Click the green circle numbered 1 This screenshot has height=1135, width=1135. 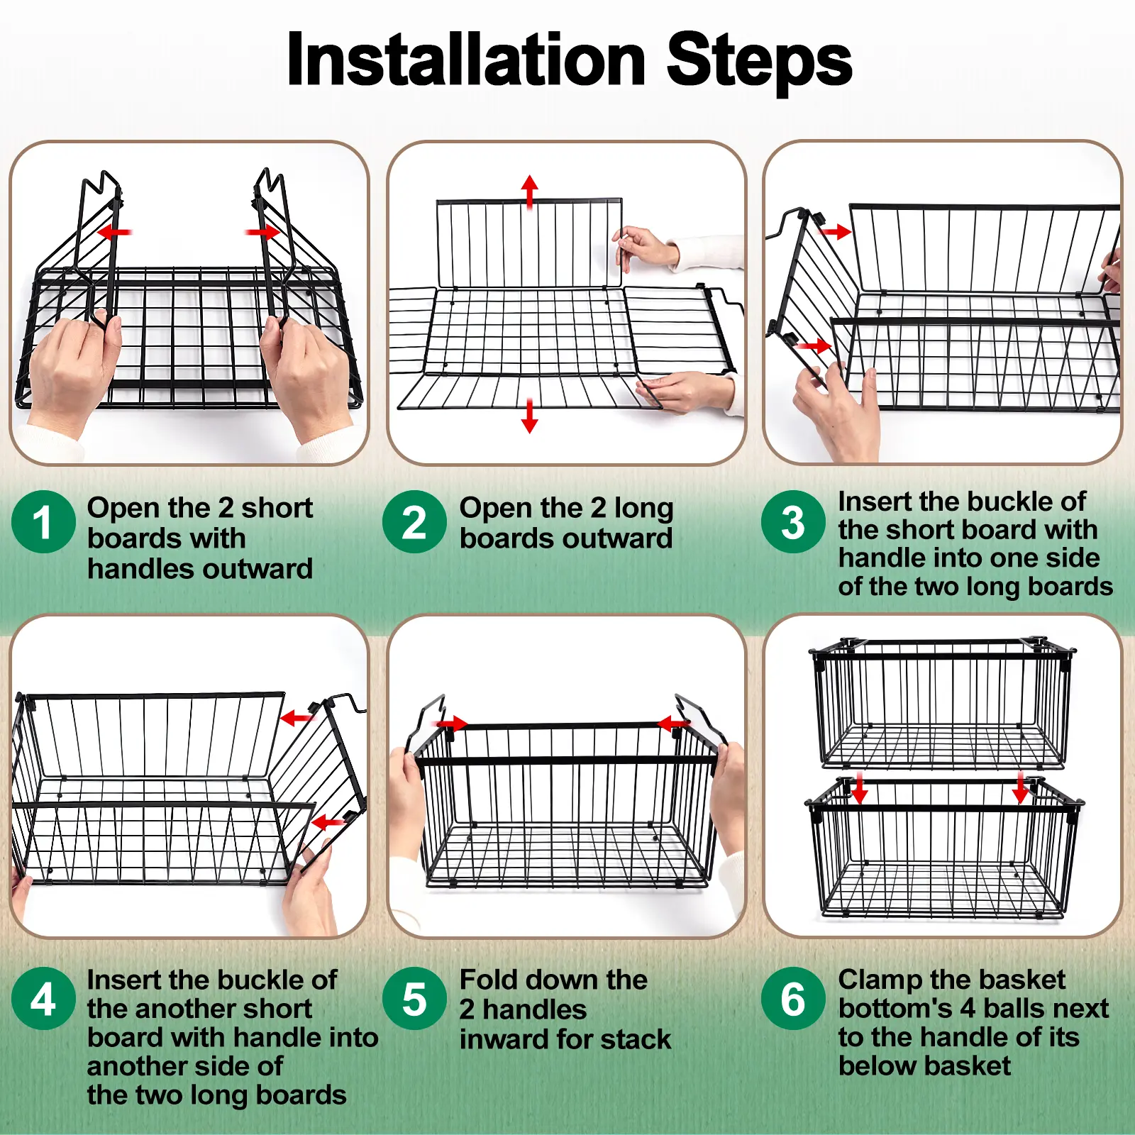(43, 522)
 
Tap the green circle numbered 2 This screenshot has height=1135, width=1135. (414, 522)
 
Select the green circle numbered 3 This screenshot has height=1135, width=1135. (793, 522)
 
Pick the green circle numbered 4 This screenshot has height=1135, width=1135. (43, 1000)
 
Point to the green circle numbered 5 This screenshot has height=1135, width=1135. (414, 1000)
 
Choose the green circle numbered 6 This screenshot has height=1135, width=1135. (793, 1000)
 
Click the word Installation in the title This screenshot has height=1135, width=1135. (466, 60)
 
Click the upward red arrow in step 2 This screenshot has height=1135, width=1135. (529, 192)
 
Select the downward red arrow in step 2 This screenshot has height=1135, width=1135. (529, 416)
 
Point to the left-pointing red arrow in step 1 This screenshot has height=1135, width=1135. (114, 232)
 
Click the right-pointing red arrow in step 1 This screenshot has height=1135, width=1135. (263, 232)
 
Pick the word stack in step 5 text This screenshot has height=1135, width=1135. (635, 1039)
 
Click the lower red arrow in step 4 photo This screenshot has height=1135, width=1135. (328, 823)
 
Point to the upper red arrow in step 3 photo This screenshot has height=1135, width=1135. (834, 231)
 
